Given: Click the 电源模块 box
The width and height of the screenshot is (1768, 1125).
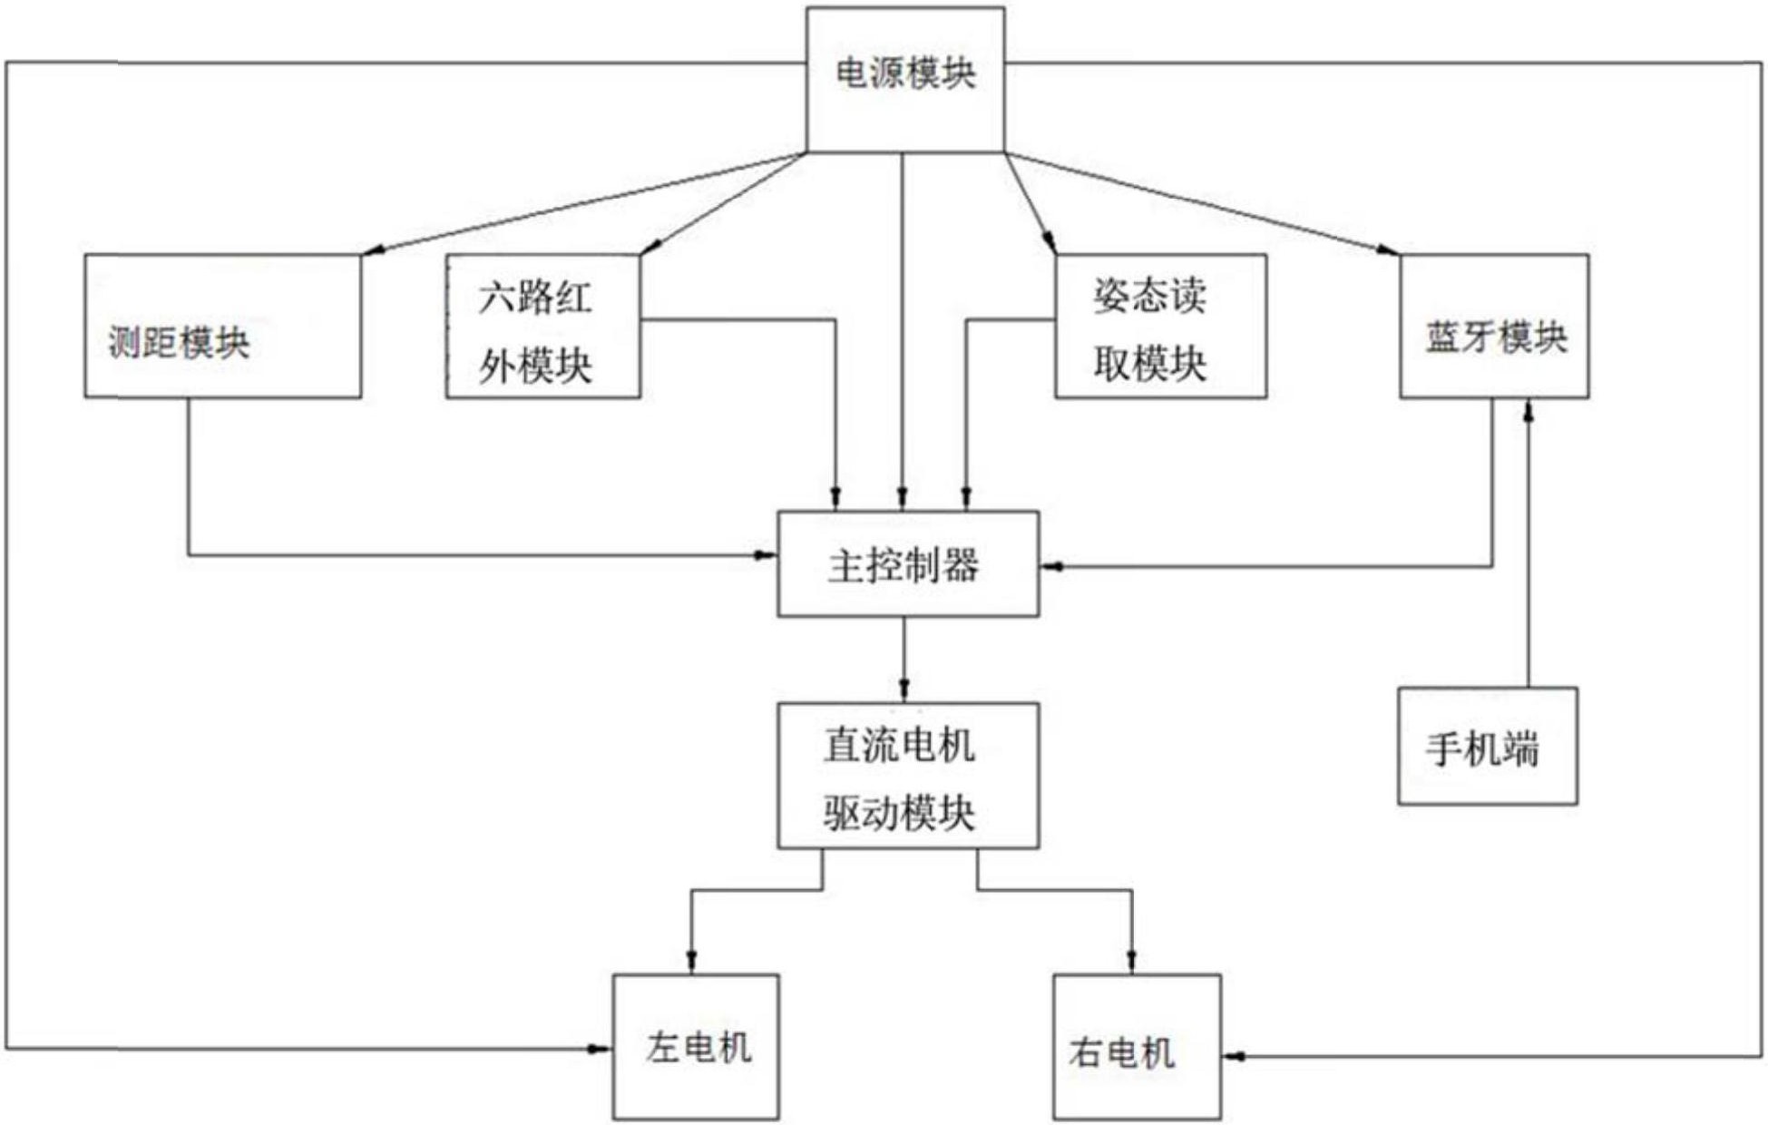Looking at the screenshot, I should (904, 80).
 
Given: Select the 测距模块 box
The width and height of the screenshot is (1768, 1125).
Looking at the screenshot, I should (222, 326).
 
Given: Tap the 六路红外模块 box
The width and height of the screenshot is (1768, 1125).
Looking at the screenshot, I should (542, 326).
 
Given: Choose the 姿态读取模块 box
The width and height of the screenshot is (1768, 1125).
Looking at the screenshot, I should (1160, 326).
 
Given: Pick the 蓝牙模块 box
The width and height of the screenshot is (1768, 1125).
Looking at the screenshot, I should (1493, 326).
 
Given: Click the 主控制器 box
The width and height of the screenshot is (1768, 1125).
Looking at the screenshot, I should (907, 563).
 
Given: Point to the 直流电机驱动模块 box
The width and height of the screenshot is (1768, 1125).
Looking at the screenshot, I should (907, 776).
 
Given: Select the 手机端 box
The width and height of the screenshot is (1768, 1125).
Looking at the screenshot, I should (1487, 746).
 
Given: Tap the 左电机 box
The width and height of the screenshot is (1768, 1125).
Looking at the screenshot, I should (695, 1047).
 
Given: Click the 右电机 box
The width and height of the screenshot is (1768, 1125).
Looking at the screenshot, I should (1136, 1047).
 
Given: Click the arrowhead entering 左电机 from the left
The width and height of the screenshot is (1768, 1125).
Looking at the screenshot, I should (600, 1049).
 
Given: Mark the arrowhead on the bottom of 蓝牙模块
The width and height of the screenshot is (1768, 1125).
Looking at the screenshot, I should (1528, 410).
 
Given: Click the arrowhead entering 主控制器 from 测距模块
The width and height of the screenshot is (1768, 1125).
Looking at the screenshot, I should (766, 554).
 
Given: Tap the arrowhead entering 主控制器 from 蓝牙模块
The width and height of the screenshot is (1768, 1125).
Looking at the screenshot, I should (1052, 566).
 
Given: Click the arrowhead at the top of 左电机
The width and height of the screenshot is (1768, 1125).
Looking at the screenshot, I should (691, 961).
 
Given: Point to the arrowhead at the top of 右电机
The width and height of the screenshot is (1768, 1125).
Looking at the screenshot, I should (1131, 961).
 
